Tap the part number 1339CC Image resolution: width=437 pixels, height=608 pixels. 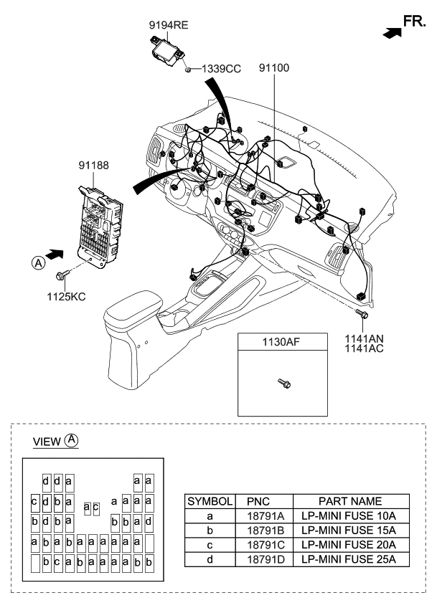221,68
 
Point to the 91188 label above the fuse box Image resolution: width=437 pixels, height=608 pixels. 93,166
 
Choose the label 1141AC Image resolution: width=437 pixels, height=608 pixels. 365,348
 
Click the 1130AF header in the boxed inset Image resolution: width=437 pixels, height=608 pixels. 280,343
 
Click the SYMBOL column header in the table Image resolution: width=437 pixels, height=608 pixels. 210,501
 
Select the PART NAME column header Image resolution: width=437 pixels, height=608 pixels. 351,501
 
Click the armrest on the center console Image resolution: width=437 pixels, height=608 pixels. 133,306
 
